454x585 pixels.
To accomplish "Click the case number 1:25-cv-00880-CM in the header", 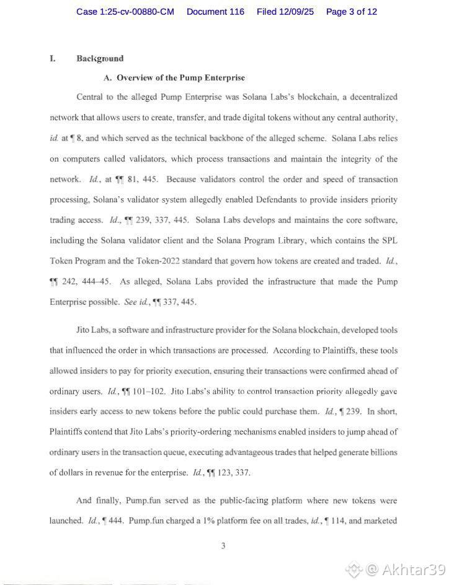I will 125,12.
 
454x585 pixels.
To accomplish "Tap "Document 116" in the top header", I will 215,12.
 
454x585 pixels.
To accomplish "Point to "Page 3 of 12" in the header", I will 351,12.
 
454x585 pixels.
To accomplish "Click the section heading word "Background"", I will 100,58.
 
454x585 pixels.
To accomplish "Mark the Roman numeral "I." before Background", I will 53,58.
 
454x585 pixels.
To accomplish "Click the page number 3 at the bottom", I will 223,545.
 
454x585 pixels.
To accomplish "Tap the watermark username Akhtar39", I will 413,570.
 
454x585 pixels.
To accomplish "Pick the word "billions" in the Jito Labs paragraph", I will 382,452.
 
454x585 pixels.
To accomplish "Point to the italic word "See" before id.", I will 131,302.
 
